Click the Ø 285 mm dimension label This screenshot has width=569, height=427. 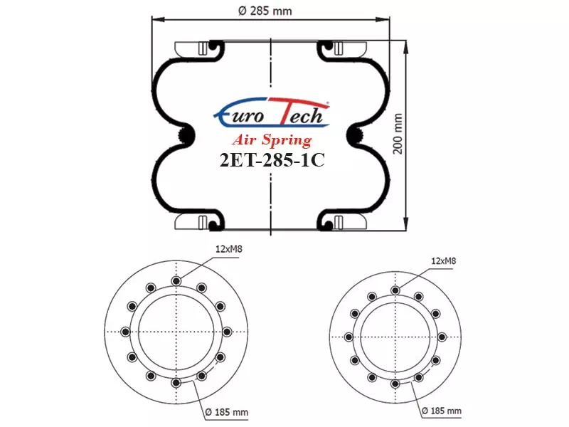click(265, 11)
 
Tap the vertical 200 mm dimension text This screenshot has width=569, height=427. click(398, 134)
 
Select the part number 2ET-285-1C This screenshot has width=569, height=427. click(272, 159)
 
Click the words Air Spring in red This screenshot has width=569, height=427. click(272, 139)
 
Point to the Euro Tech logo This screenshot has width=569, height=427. click(272, 112)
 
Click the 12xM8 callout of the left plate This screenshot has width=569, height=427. click(228, 249)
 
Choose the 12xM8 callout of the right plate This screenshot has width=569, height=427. click(443, 260)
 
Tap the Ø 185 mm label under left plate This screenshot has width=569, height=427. click(226, 412)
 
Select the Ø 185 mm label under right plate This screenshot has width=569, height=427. click(442, 411)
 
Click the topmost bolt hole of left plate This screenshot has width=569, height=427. click(176, 280)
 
